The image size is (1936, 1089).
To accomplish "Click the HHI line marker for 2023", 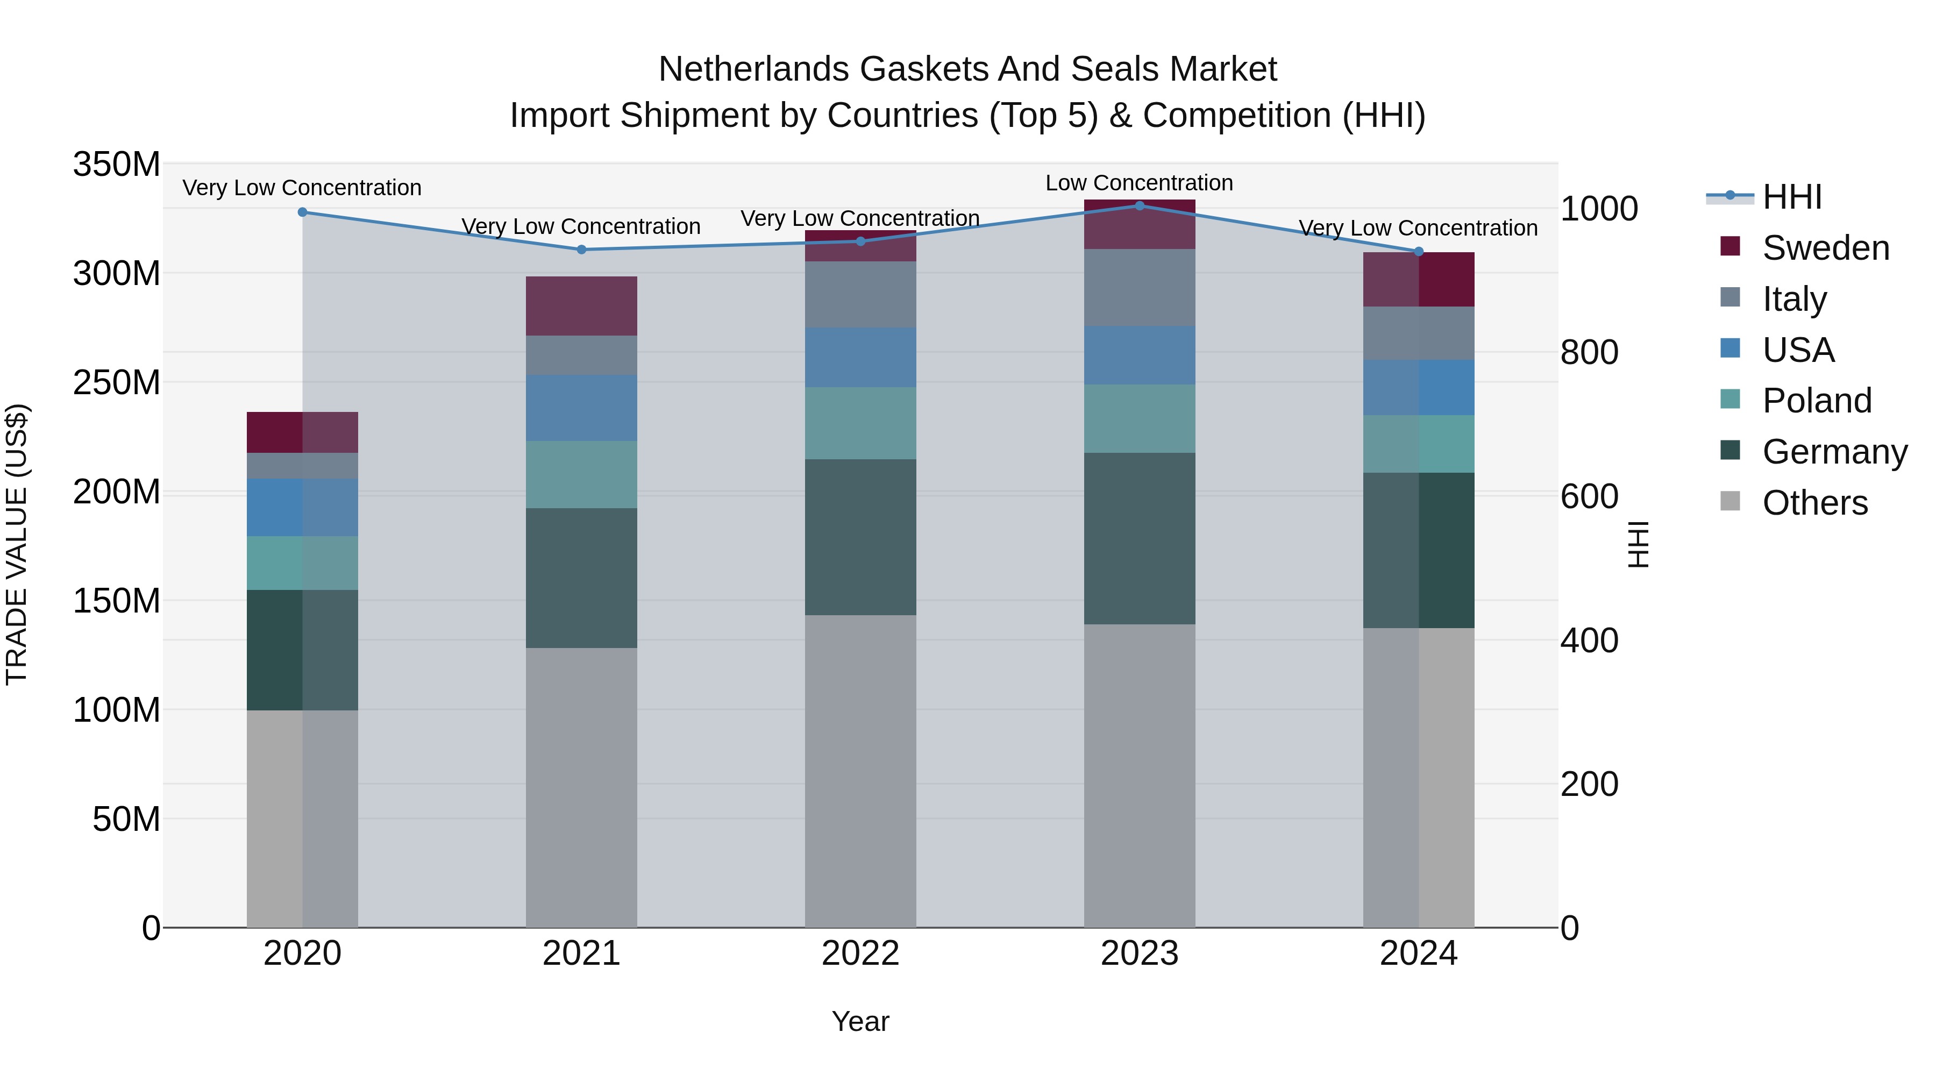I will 1140,205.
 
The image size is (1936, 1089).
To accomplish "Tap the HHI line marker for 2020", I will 303,212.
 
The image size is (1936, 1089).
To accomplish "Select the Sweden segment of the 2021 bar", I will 581,306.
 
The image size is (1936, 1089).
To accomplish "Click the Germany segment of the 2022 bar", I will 860,537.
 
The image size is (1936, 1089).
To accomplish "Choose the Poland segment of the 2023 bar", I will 1140,418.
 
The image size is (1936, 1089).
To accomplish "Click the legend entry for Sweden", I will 1825,248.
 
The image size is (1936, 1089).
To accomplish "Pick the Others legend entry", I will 1814,503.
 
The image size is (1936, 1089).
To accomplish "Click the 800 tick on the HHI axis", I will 1589,352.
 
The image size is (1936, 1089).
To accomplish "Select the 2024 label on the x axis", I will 1418,953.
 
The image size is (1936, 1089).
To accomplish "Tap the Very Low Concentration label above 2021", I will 580,226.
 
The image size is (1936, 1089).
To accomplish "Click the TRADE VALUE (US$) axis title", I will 17,544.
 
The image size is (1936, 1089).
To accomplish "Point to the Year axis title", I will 860,1021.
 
